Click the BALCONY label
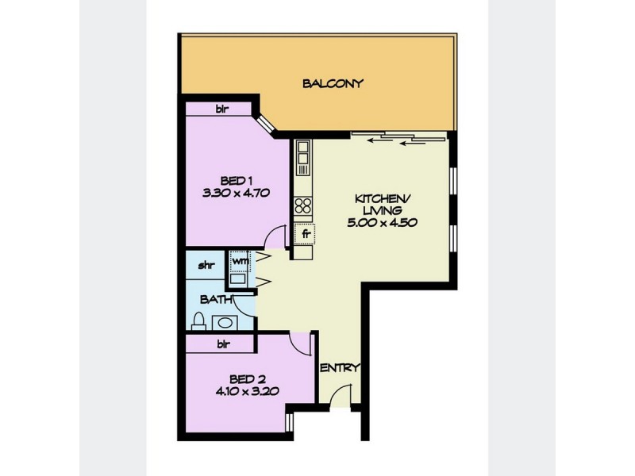pyautogui.click(x=333, y=83)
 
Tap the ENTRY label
pyautogui.click(x=341, y=368)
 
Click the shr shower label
pyautogui.click(x=206, y=263)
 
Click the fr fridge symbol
pyautogui.click(x=304, y=235)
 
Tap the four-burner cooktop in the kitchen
pyautogui.click(x=303, y=207)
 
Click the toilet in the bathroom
pyautogui.click(x=200, y=321)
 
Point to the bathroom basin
pyautogui.click(x=225, y=323)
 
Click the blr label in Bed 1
pyautogui.click(x=222, y=109)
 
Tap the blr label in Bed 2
pyautogui.click(x=224, y=345)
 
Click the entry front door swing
pyautogui.click(x=341, y=394)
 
